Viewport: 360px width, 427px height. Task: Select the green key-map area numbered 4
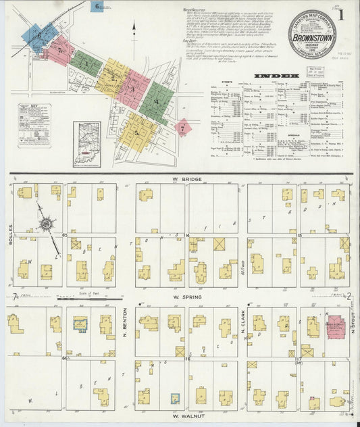pyautogui.click(x=157, y=102)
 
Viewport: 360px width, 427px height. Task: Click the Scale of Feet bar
pyautogui.click(x=88, y=297)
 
